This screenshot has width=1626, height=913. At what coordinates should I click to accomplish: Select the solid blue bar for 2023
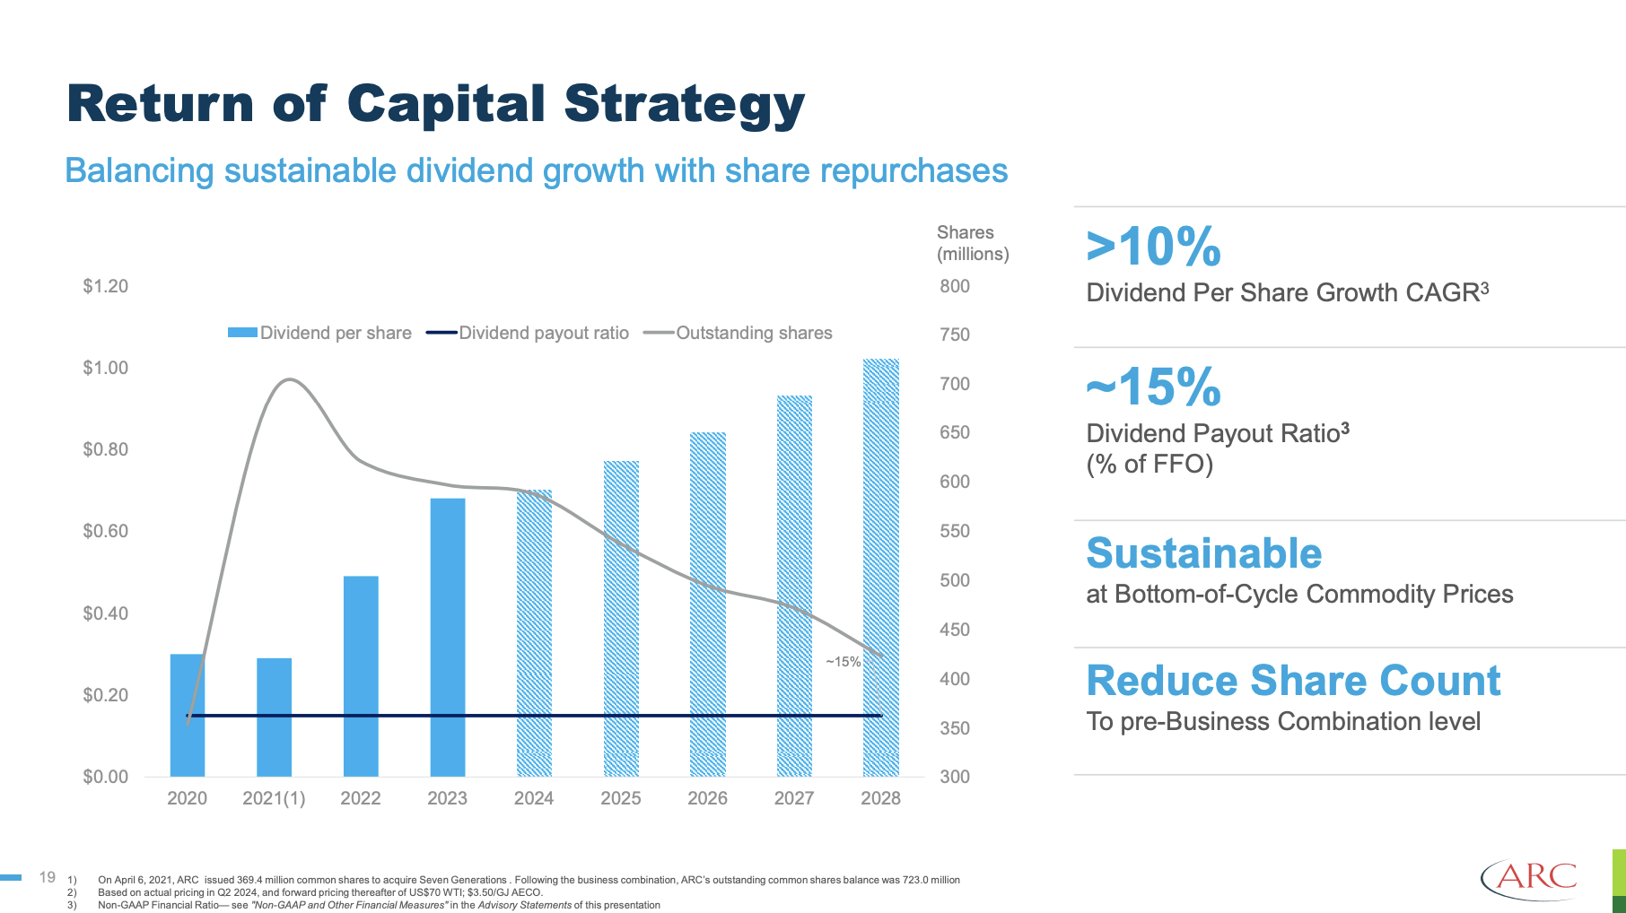[448, 637]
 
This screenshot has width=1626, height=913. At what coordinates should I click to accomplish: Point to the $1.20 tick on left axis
[106, 286]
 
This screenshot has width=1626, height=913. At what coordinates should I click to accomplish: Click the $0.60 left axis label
[106, 531]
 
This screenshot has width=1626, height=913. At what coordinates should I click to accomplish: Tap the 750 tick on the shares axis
[955, 335]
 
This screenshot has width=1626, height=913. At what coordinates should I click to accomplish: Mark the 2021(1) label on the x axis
[274, 798]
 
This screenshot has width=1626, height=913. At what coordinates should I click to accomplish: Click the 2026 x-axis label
[707, 798]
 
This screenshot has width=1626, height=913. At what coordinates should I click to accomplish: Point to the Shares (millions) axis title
[973, 243]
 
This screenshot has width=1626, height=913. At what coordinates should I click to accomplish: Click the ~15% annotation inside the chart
[844, 662]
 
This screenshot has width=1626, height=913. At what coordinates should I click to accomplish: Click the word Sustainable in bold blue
[1203, 553]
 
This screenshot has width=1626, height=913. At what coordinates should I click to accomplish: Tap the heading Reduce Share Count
[1293, 681]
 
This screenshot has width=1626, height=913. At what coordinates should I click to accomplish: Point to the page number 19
[48, 877]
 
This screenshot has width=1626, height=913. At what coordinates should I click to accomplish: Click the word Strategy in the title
[684, 104]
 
